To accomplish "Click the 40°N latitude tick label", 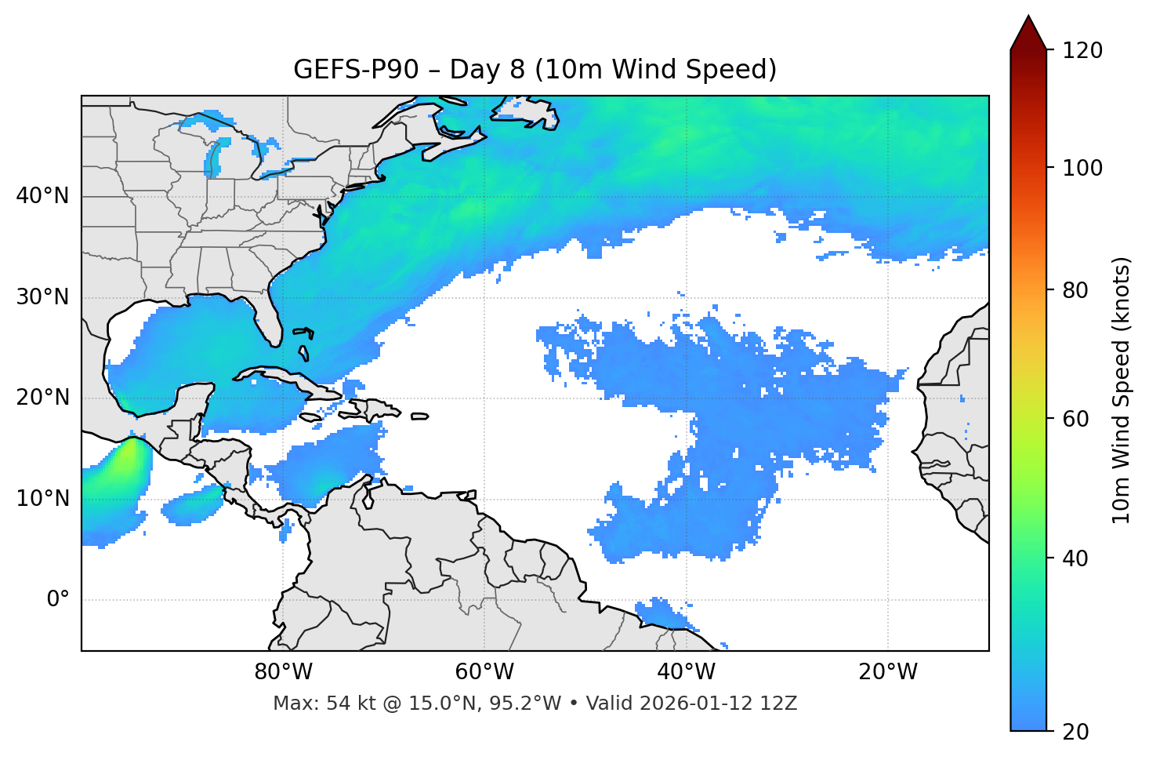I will click(42, 196).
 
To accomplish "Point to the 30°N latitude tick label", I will click(42, 297).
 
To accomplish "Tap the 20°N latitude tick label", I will click(42, 398).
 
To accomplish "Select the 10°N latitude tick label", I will click(42, 499).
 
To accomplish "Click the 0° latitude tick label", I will click(58, 600).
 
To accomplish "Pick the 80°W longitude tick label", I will click(283, 672).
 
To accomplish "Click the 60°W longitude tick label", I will click(484, 672).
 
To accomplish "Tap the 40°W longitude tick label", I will click(686, 672).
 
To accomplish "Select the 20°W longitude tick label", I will click(887, 672).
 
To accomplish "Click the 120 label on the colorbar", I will click(1082, 51).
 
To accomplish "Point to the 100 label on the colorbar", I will click(1082, 168).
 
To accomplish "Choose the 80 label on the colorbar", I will click(1076, 291).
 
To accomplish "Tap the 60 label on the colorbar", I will click(1076, 419).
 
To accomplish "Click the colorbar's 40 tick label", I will click(1076, 558).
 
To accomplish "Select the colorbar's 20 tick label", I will click(1076, 732).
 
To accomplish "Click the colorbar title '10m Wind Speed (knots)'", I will click(1122, 390).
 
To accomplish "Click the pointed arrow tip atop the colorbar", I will click(1028, 17).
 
